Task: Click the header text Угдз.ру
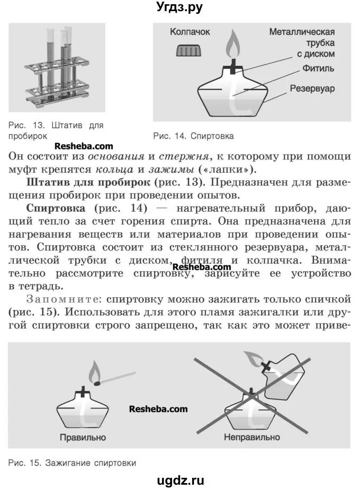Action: point(180,7)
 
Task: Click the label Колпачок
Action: point(190,32)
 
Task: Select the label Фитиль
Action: point(318,68)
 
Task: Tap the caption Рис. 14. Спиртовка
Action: point(193,136)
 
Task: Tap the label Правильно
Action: point(83,438)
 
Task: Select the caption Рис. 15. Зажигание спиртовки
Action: point(73,462)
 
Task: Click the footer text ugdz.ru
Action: point(180,480)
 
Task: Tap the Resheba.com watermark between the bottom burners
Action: point(158,409)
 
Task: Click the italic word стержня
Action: point(185,157)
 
